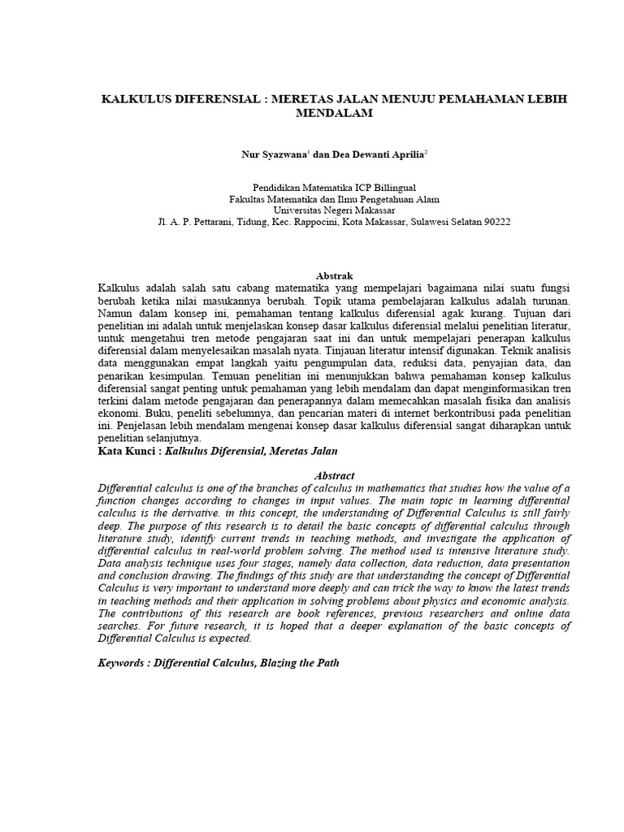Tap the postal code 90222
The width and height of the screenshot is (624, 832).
point(494,220)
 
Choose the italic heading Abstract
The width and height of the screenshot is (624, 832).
point(334,474)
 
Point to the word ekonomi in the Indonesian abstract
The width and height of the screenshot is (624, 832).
point(118,413)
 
